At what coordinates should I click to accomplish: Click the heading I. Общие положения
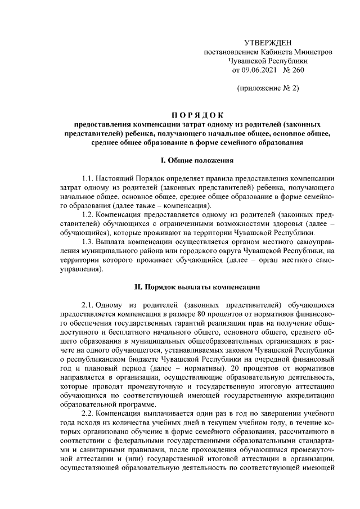196,161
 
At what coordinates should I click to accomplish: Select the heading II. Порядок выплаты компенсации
196,286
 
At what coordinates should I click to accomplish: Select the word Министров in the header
315,52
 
